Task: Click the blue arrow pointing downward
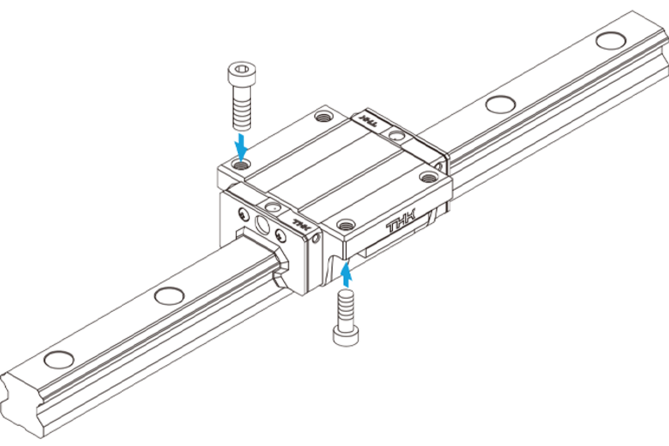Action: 242,145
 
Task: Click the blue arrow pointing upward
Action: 348,275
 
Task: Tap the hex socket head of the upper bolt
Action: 243,73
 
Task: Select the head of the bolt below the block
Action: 346,334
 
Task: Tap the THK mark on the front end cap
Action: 301,224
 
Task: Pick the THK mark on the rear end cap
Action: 369,119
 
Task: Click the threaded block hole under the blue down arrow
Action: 241,164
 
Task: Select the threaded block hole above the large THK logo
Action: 346,224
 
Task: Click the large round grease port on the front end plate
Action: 262,225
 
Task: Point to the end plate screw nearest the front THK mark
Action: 280,234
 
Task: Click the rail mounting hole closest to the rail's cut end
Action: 59,360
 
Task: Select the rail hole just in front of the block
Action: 169,296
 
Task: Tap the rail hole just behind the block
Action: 501,105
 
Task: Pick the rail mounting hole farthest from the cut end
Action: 611,41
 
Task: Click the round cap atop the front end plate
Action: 272,207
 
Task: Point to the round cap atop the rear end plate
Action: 397,136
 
